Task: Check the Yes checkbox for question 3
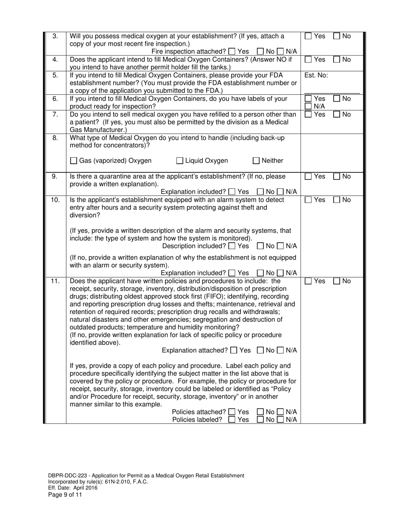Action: pyautogui.click(x=308, y=37)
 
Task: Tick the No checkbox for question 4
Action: pyautogui.click(x=337, y=60)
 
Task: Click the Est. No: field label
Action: pyautogui.click(x=316, y=75)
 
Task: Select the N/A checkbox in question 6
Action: pyautogui.click(x=308, y=106)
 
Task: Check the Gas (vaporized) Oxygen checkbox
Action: pyautogui.click(x=74, y=161)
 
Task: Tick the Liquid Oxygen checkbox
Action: pyautogui.click(x=180, y=161)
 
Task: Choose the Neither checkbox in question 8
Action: pyautogui.click(x=256, y=161)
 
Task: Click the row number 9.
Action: pyautogui.click(x=55, y=176)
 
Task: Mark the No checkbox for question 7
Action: pyautogui.click(x=337, y=115)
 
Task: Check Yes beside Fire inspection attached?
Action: pyautogui.click(x=232, y=51)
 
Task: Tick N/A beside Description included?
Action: pyautogui.click(x=280, y=246)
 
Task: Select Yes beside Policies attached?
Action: pyautogui.click(x=232, y=412)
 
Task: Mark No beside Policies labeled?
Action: pyautogui.click(x=260, y=420)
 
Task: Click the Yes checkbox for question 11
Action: pyautogui.click(x=308, y=281)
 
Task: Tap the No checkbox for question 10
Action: pyautogui.click(x=337, y=200)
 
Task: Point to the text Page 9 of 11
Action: pyautogui.click(x=65, y=495)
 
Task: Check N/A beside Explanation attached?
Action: pyautogui.click(x=280, y=351)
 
